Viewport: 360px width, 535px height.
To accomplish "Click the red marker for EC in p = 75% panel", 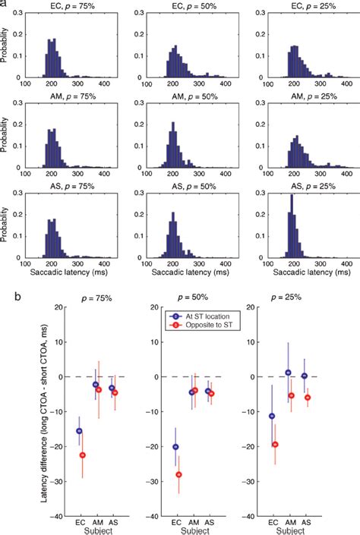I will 83,455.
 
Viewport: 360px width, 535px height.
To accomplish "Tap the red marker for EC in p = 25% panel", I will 276,445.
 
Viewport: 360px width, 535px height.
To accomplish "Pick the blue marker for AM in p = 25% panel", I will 288,373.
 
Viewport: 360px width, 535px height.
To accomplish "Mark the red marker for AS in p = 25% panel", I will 308,397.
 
